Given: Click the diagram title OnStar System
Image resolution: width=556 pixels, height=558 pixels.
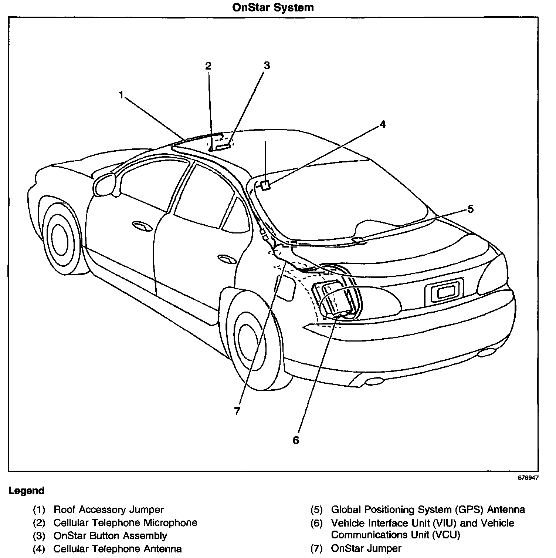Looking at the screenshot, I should pyautogui.click(x=273, y=7).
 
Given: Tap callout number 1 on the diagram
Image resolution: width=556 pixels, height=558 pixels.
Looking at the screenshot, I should pyautogui.click(x=121, y=95).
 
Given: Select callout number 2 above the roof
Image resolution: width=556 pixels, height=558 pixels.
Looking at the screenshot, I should pyautogui.click(x=208, y=66).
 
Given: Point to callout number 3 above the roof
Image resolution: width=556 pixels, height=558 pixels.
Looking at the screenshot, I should pyautogui.click(x=267, y=65).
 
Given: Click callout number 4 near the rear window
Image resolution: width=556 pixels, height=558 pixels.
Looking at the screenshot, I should pyautogui.click(x=382, y=124).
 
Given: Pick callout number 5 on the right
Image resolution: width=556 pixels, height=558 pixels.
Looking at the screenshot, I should pyautogui.click(x=470, y=209).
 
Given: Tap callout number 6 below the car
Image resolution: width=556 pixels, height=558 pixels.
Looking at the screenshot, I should pyautogui.click(x=296, y=440).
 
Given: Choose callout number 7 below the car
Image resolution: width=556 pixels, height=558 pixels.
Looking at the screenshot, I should pyautogui.click(x=237, y=411).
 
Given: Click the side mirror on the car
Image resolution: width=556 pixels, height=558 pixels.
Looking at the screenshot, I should pyautogui.click(x=105, y=184).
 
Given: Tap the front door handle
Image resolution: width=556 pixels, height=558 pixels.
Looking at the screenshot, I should pyautogui.click(x=143, y=226).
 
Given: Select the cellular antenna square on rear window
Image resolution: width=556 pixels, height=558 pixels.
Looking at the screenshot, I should pyautogui.click(x=265, y=185).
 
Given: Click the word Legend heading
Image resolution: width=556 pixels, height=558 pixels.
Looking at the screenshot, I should pyautogui.click(x=26, y=491).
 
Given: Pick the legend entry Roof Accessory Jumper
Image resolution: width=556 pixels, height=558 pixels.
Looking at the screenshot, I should pyautogui.click(x=108, y=510).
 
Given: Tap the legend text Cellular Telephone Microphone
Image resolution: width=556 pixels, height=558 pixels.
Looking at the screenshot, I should pyautogui.click(x=125, y=522).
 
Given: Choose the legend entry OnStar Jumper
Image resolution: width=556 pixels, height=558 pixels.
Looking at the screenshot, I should pyautogui.click(x=366, y=548).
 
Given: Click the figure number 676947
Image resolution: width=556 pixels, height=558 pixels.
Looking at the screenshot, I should pyautogui.click(x=528, y=478).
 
